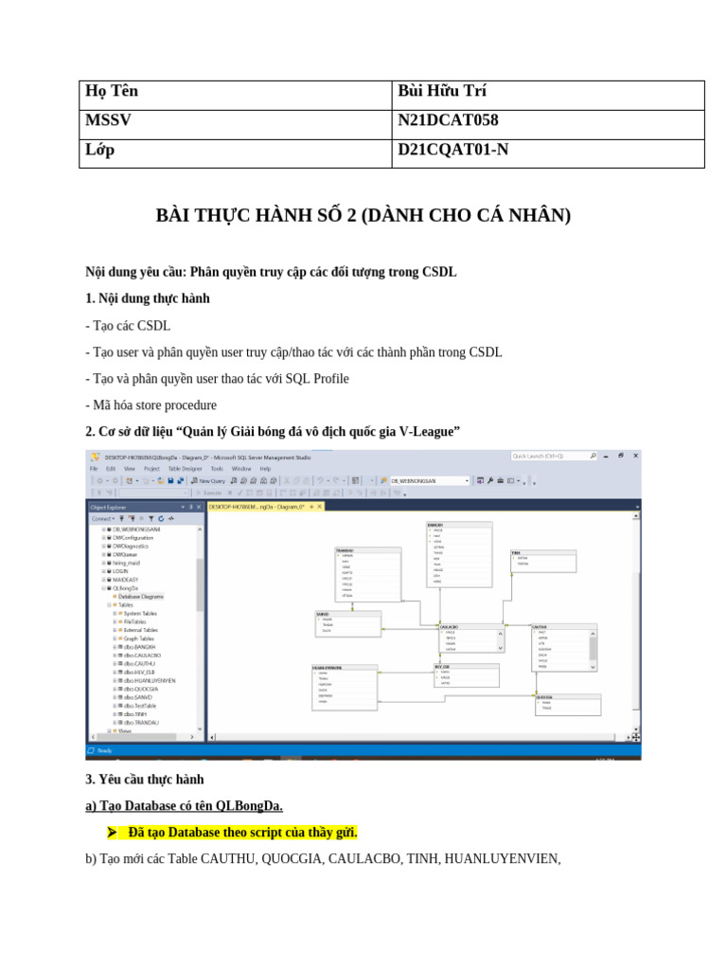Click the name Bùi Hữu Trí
pyautogui.click(x=442, y=91)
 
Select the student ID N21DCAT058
pyautogui.click(x=448, y=120)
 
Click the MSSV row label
pyautogui.click(x=108, y=120)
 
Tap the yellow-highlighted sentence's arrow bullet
pyautogui.click(x=113, y=833)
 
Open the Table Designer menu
pyautogui.click(x=185, y=468)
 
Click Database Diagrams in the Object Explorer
pyautogui.click(x=140, y=596)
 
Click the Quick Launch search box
pyautogui.click(x=549, y=456)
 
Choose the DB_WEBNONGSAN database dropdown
pyautogui.click(x=429, y=481)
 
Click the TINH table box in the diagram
pyautogui.click(x=543, y=560)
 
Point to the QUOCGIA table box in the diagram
pyautogui.click(x=568, y=703)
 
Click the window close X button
pyautogui.click(x=635, y=456)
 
